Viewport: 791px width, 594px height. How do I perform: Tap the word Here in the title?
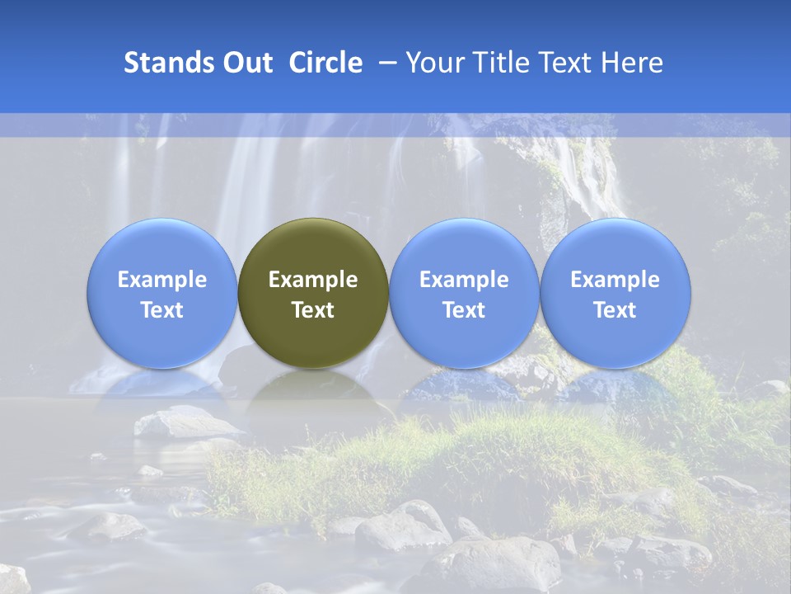coord(632,63)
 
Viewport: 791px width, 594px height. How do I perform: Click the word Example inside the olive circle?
coord(313,280)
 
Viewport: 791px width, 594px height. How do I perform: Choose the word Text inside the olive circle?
coord(313,310)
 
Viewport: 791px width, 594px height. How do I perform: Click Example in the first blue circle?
coord(162,280)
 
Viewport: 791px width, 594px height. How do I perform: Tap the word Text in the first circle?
coord(162,310)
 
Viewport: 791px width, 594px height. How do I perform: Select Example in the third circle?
coord(464,280)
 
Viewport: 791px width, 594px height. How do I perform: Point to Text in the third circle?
coord(464,310)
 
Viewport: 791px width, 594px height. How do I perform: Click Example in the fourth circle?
coord(615,280)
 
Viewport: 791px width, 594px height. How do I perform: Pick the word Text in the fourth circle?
coord(615,310)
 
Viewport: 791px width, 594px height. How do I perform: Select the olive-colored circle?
coord(313,247)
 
